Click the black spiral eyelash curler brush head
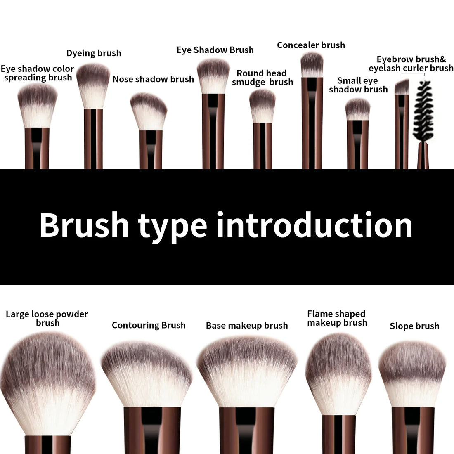tap(422, 111)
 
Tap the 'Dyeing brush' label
tap(94, 53)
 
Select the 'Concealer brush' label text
tap(311, 45)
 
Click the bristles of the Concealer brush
tap(312, 65)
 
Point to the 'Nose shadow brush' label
tap(153, 79)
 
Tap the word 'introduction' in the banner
tap(314, 225)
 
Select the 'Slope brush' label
tap(414, 326)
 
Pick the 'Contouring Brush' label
tap(149, 325)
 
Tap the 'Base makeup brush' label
tap(247, 326)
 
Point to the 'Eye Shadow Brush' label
tap(215, 50)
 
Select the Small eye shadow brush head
tap(357, 109)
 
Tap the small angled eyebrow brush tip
tap(402, 87)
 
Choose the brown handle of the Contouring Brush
tap(152, 429)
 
